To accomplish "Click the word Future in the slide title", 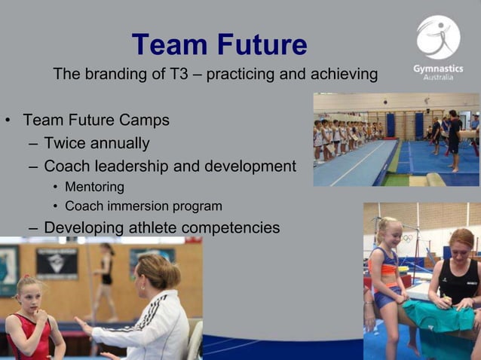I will click(x=262, y=45).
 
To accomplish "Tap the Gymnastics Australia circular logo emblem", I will click(x=438, y=37).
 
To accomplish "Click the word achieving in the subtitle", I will click(x=339, y=75).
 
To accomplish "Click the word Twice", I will click(x=65, y=143).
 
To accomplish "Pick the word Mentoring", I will click(x=94, y=187).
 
